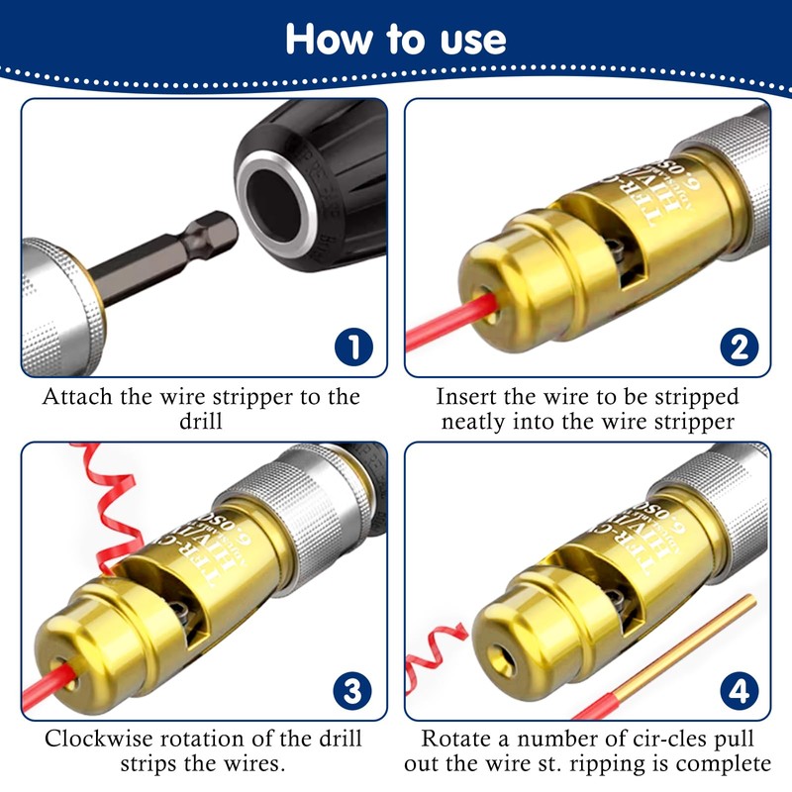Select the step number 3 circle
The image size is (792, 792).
click(x=353, y=689)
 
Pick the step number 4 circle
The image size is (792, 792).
click(x=738, y=689)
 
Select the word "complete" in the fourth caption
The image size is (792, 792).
click(x=728, y=764)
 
